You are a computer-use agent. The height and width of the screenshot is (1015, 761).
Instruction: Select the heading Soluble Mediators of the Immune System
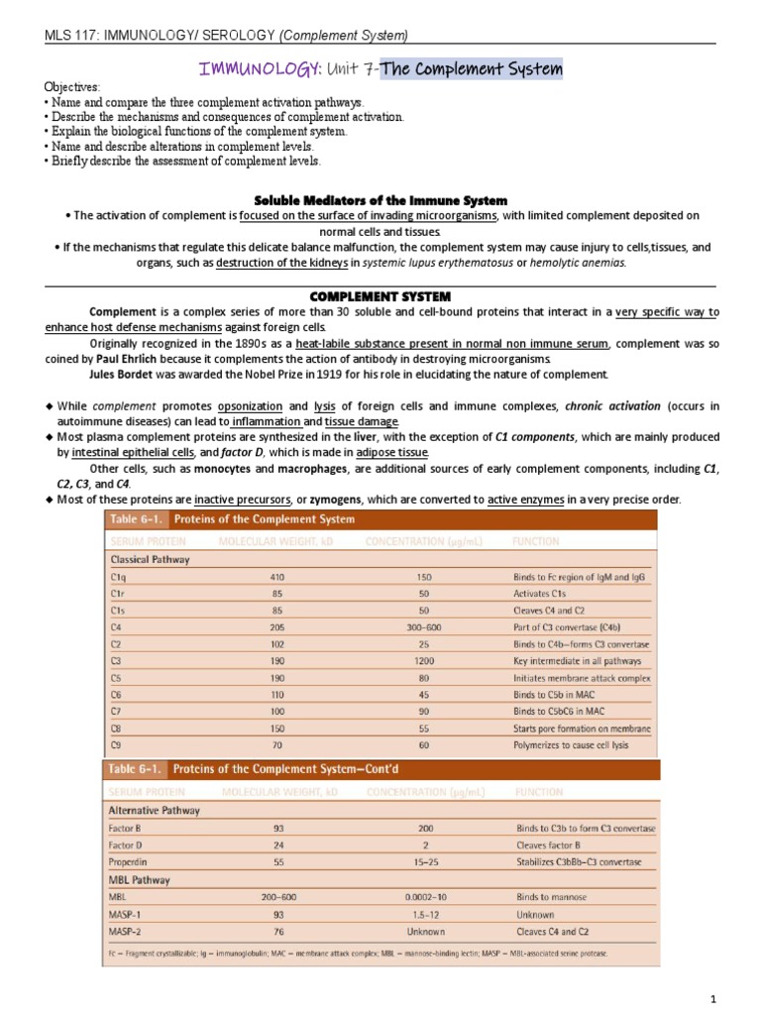coord(380,200)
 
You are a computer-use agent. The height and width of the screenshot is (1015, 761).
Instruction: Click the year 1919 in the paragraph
coord(359,374)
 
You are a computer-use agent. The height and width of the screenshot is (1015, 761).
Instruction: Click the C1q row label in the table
coord(120,576)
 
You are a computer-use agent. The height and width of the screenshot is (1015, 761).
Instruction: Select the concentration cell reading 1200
coord(424,660)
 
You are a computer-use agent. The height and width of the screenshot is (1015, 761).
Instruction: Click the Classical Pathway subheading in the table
coord(150,559)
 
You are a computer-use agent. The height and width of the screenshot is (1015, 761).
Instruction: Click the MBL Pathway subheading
coord(139,879)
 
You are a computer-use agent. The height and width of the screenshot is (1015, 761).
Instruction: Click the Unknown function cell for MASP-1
coord(536,914)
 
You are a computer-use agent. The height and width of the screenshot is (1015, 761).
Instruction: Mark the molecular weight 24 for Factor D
coord(277,846)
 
